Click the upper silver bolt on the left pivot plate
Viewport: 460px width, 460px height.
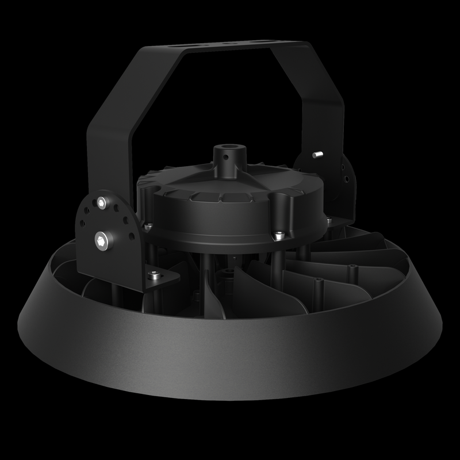(x=102, y=202)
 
